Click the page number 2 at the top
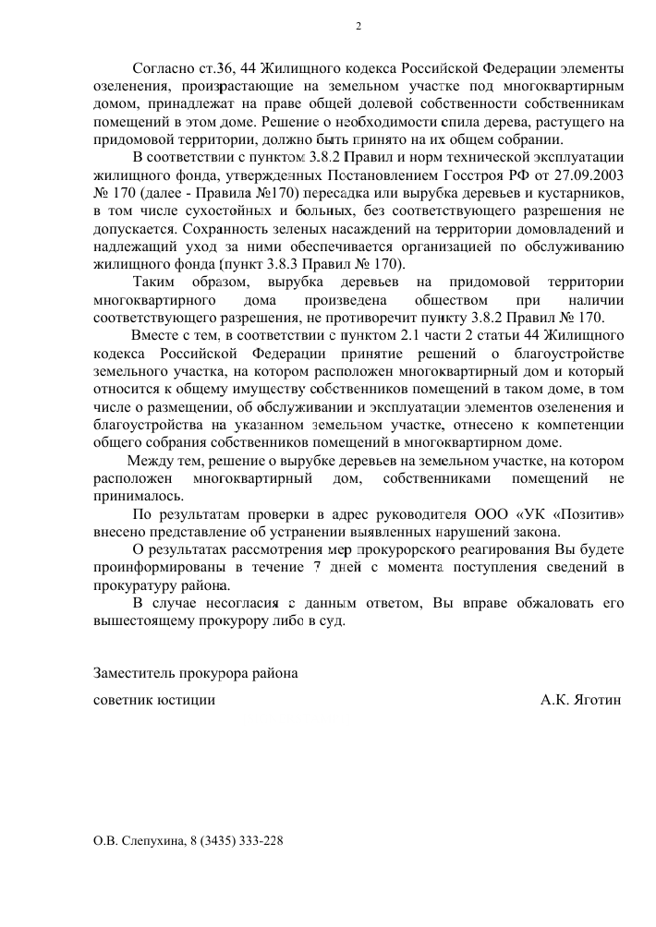pos(358,26)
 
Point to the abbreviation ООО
pos(489,513)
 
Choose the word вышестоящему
pos(142,620)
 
